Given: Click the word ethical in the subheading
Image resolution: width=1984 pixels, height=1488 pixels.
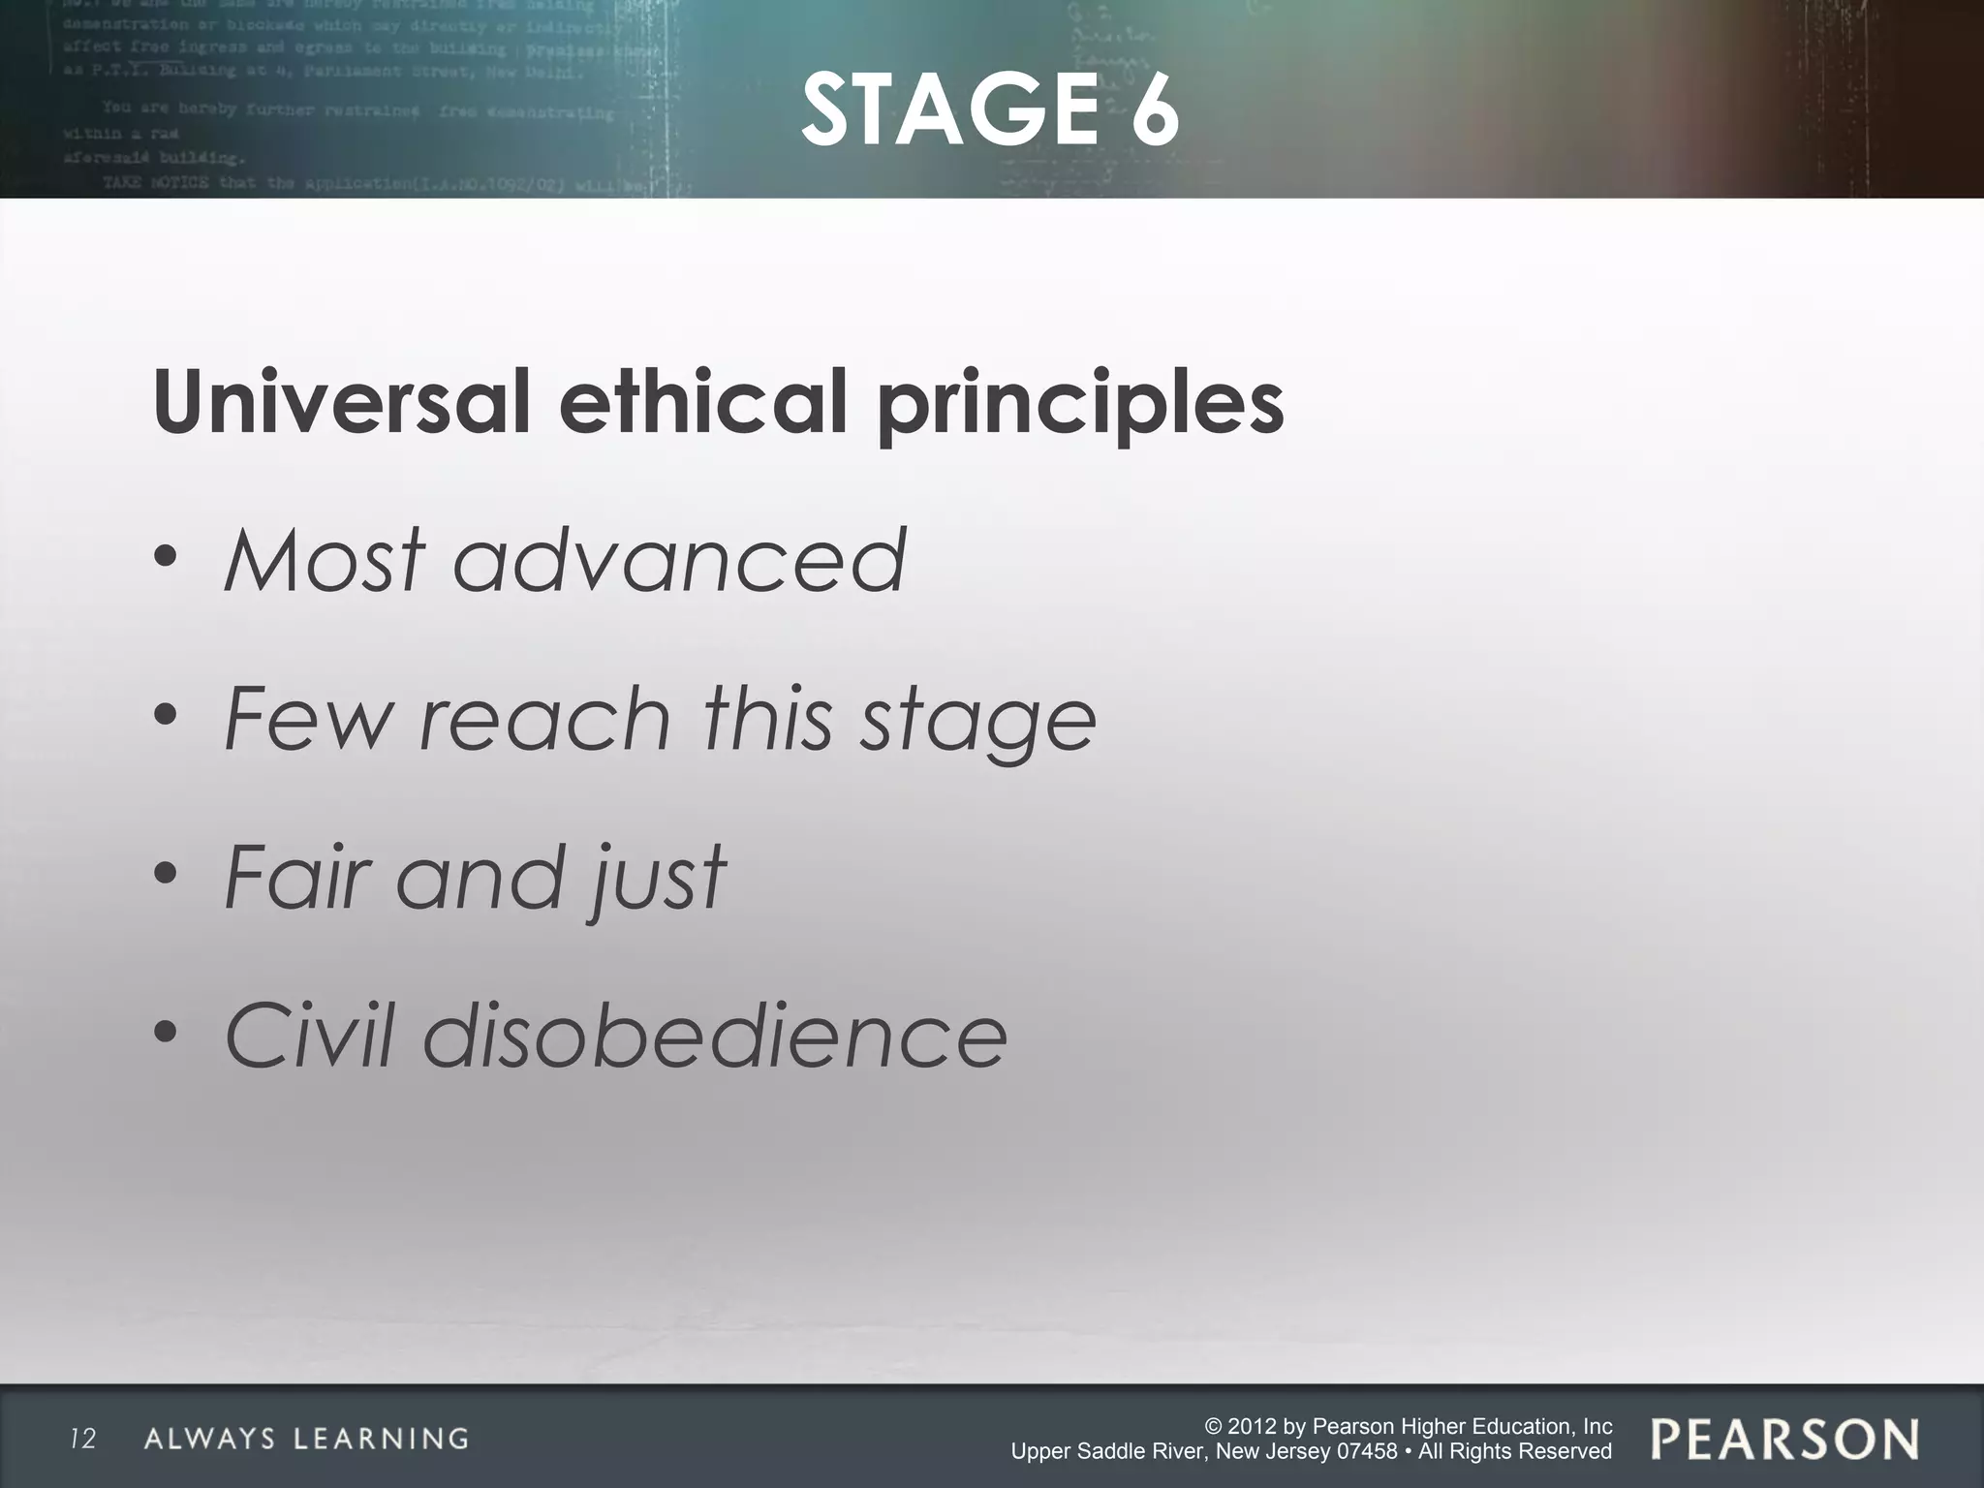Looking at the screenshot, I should pyautogui.click(x=703, y=402).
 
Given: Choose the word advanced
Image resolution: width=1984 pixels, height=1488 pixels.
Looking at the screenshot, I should pyautogui.click(x=680, y=560).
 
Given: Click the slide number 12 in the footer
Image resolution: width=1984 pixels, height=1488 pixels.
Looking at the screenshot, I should pyautogui.click(x=83, y=1440).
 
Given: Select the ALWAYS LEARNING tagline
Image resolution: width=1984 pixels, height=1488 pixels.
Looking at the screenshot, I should pyautogui.click(x=306, y=1440).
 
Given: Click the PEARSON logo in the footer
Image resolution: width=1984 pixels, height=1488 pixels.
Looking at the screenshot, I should pyautogui.click(x=1784, y=1440).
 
